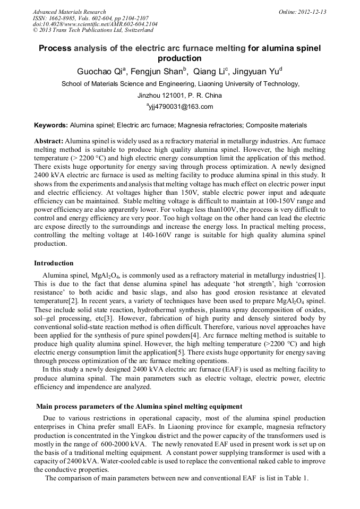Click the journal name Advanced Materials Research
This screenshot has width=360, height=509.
pos(69,12)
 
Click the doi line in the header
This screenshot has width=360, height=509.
pos(95,24)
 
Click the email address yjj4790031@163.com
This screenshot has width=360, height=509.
pos(181,107)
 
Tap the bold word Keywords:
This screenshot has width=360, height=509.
pos(51,125)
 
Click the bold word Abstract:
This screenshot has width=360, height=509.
pos(49,142)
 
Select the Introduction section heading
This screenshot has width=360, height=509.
pos(54,263)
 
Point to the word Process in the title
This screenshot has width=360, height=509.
pos(55,48)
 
